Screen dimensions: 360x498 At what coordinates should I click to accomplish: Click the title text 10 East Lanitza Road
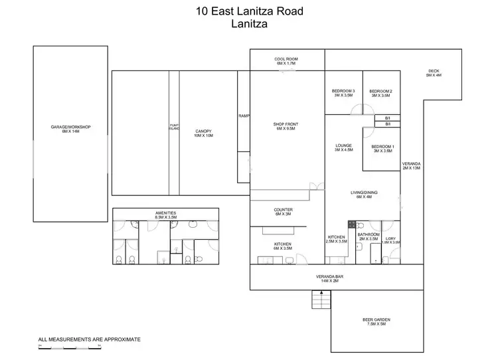pyautogui.click(x=249, y=11)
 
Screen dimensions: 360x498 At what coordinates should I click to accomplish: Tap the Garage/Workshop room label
pyautogui.click(x=70, y=129)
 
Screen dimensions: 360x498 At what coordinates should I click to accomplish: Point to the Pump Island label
pyautogui.click(x=175, y=127)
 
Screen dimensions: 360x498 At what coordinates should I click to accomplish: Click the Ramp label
pyautogui.click(x=243, y=116)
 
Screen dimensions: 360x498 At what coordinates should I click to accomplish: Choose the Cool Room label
pyautogui.click(x=287, y=61)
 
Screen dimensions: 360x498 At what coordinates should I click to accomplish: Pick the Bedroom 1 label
pyautogui.click(x=382, y=148)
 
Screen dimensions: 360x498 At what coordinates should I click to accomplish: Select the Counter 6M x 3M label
pyautogui.click(x=284, y=212)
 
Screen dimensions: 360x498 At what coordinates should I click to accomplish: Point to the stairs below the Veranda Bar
pyautogui.click(x=320, y=301)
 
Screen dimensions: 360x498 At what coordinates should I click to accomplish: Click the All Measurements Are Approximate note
pyautogui.click(x=90, y=339)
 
